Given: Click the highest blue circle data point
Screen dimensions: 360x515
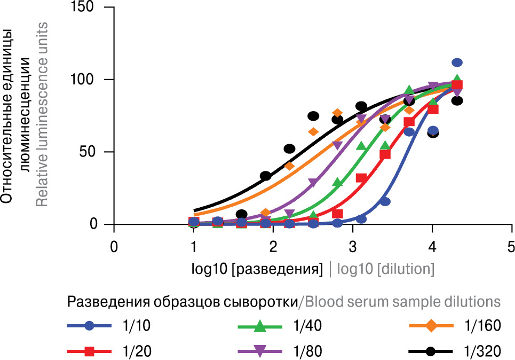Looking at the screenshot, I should pos(457,62).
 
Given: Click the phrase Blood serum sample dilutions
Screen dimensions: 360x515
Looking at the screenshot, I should pos(401,302).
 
